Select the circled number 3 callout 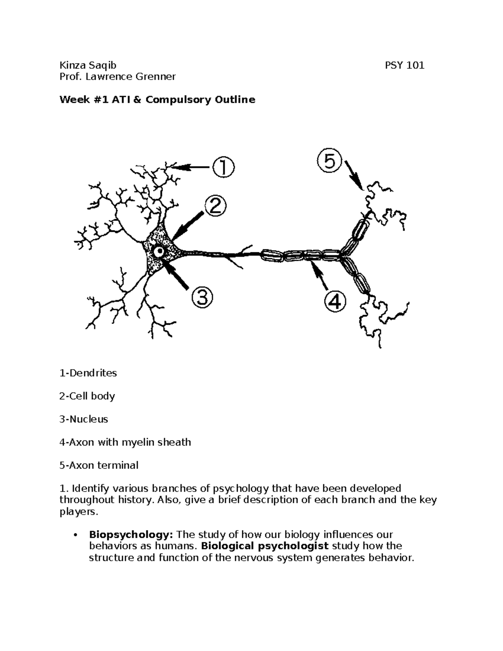202,298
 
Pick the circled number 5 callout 330,161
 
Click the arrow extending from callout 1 191,167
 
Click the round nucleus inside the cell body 160,251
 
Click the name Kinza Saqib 88,65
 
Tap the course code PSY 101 404,65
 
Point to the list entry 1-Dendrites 88,373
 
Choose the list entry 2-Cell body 87,396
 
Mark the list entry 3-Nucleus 84,419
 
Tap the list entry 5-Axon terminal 99,465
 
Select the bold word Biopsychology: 131,535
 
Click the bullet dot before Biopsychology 75,535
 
